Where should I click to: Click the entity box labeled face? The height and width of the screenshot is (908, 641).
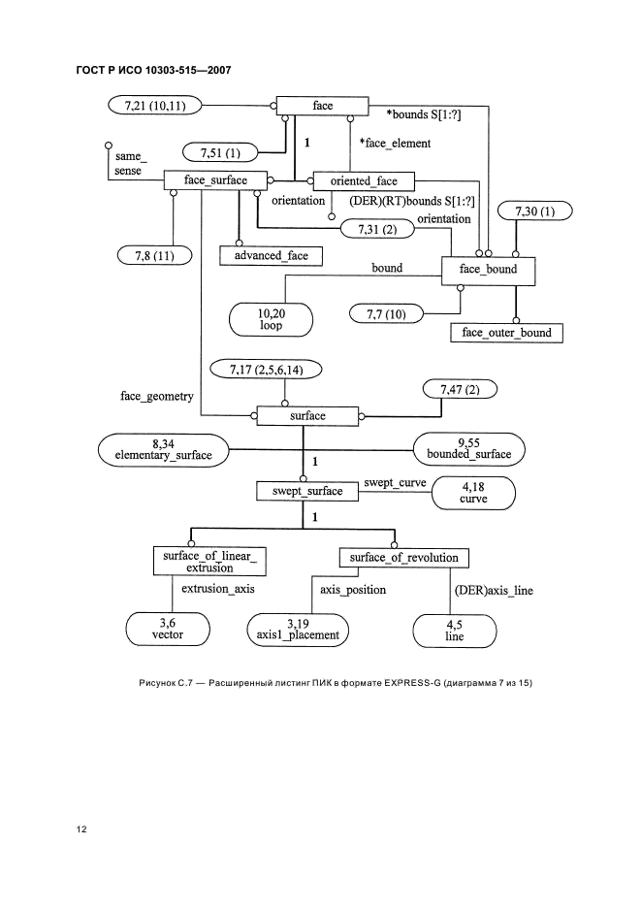click(324, 105)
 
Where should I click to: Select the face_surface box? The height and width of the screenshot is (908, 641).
click(216, 180)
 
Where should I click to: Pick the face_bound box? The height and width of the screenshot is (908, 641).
click(489, 270)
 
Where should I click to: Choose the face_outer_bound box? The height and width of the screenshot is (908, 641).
click(507, 332)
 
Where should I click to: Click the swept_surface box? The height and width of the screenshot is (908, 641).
click(306, 491)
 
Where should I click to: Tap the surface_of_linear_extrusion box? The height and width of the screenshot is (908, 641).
click(209, 561)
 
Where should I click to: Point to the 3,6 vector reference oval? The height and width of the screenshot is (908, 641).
click(168, 629)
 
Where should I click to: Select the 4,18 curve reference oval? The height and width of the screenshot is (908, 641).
click(474, 493)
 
